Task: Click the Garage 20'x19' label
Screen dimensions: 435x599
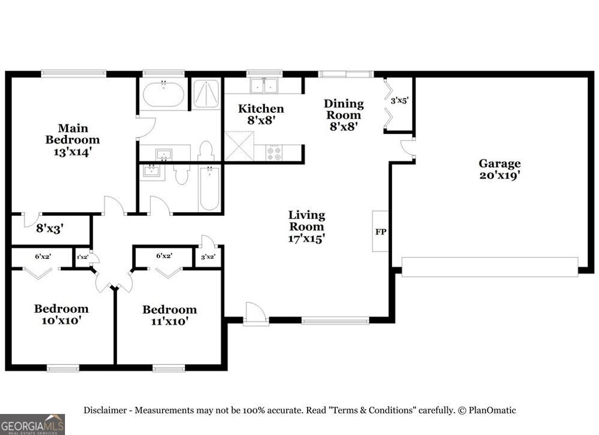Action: [499, 169]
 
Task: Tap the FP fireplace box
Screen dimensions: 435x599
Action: [380, 232]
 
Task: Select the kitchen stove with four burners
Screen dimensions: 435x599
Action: [273, 153]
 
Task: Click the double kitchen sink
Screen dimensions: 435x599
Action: [263, 86]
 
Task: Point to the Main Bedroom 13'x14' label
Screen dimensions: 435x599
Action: [73, 140]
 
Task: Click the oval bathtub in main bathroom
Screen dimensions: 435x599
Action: [164, 95]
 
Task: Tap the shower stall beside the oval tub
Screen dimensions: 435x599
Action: [206, 94]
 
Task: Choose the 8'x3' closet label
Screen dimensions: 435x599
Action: [50, 229]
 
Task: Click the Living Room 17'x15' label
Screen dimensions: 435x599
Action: [307, 227]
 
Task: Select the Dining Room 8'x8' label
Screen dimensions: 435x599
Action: [344, 114]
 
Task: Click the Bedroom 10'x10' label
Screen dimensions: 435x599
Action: [61, 314]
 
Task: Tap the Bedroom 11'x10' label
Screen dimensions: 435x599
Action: [170, 315]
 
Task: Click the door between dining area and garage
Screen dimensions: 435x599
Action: [407, 149]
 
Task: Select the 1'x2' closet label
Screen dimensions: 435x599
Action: [82, 256]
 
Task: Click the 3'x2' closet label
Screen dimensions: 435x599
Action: [208, 256]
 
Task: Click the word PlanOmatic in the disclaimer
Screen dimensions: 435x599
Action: [491, 410]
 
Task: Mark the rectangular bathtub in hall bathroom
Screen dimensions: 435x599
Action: [209, 189]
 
